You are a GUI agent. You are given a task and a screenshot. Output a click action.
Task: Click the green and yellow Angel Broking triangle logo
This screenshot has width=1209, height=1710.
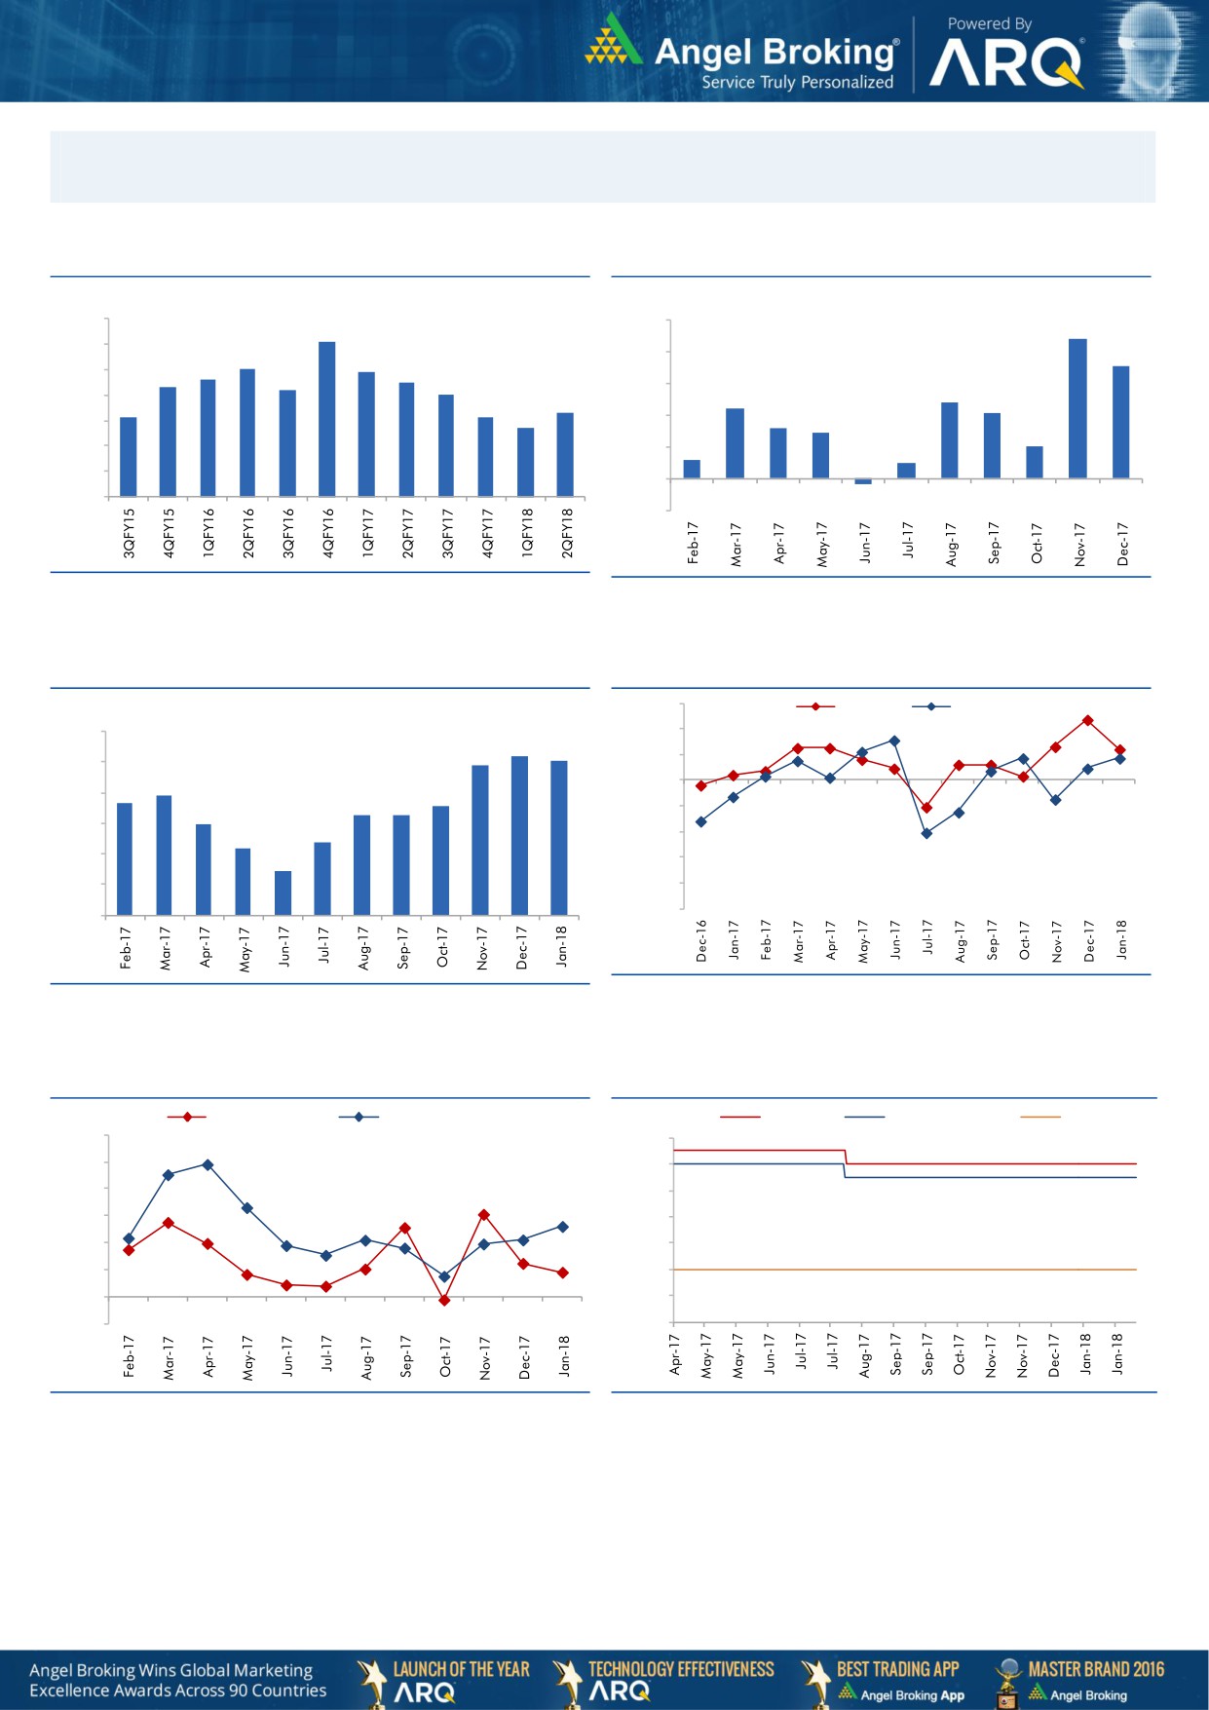(613, 41)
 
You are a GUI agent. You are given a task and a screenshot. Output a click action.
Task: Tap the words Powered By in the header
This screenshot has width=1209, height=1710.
(989, 23)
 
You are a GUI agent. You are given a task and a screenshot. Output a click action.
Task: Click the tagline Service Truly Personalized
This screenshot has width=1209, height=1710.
(797, 83)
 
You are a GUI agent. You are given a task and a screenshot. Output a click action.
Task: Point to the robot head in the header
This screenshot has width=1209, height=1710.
(1152, 49)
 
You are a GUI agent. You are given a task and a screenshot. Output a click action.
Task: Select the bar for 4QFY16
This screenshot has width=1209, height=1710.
(327, 419)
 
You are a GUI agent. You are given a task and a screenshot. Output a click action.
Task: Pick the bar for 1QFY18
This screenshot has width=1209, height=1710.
(526, 462)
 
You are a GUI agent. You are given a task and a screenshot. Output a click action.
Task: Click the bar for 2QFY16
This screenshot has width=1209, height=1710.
(247, 433)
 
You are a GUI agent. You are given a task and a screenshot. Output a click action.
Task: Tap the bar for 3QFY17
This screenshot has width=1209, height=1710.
(446, 445)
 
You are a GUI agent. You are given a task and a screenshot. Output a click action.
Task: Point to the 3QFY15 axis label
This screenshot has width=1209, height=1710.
(129, 532)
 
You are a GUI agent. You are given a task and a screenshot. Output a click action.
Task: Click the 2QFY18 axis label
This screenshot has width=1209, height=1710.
(567, 532)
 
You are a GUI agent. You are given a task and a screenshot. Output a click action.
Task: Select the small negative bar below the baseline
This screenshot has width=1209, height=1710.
(863, 481)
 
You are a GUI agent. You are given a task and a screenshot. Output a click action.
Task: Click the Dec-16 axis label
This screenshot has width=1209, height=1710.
(701, 941)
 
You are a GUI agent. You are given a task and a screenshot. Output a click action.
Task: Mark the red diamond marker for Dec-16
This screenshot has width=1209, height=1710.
(701, 785)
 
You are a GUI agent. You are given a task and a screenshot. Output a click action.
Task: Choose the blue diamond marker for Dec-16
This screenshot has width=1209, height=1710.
(701, 822)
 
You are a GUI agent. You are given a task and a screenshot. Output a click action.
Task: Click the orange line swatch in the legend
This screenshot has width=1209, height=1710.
(1039, 1117)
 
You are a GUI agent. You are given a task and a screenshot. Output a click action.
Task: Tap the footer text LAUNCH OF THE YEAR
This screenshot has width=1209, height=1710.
(461, 1669)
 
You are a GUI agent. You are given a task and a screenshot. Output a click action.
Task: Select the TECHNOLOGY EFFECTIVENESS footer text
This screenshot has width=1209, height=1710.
(681, 1669)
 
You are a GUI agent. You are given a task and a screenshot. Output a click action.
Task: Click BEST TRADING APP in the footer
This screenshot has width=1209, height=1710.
(897, 1669)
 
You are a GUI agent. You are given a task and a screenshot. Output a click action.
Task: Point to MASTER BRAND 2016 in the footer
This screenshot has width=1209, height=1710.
(1096, 1669)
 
